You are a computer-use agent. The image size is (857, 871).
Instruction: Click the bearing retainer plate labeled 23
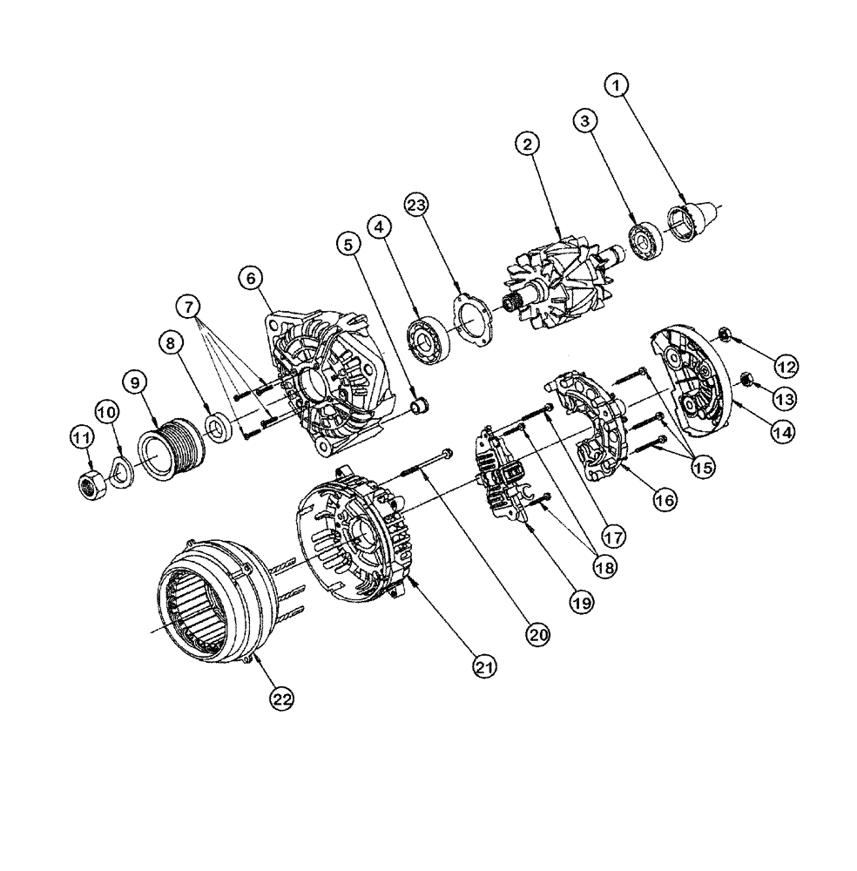(x=471, y=320)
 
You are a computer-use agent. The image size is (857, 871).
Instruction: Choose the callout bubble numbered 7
(x=187, y=306)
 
